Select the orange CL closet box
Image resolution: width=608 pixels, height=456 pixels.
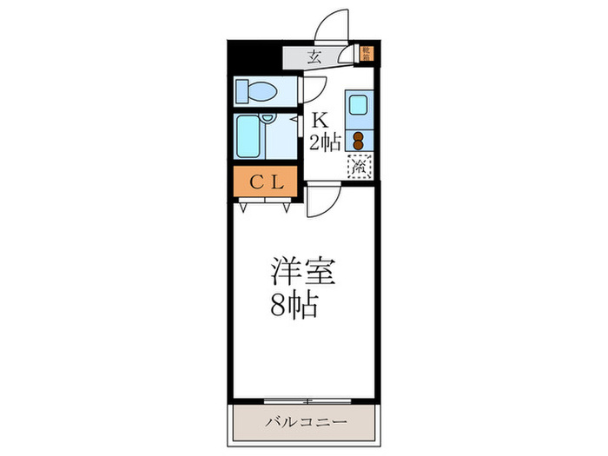coord(265,182)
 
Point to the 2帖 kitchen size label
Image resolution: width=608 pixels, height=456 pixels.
coord(325,142)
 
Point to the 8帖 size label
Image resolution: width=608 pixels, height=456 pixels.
coord(294,305)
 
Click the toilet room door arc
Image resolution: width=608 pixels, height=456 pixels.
coord(311,89)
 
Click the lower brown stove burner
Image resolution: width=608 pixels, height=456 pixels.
coord(358,145)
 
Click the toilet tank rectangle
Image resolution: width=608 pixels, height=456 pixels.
coord(241,90)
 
